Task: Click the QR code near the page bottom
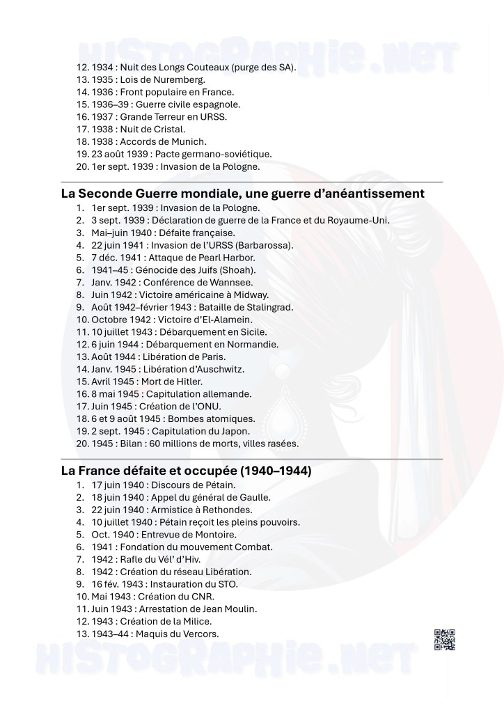point(445,638)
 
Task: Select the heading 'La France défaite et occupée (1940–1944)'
point(186,470)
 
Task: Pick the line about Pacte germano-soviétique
point(173,155)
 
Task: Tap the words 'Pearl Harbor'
point(211,258)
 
